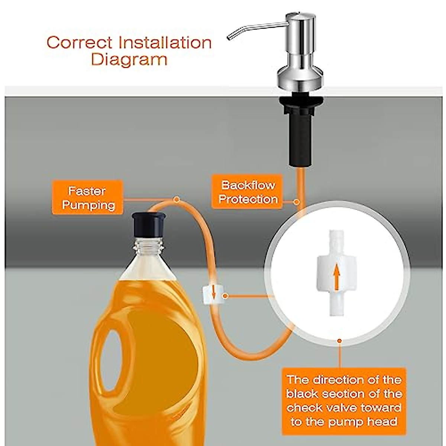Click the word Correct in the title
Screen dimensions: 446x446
pyautogui.click(x=79, y=42)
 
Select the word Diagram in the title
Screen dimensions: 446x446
pyautogui.click(x=129, y=59)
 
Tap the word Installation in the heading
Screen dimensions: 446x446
pyautogui.click(x=165, y=42)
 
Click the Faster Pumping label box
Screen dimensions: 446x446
pyautogui.click(x=88, y=198)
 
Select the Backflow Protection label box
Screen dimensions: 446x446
pyautogui.click(x=248, y=192)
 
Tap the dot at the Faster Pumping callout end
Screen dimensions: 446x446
pyautogui.click(x=177, y=200)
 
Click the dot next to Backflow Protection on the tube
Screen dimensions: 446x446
pyautogui.click(x=296, y=202)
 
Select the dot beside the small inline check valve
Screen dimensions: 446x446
pyautogui.click(x=225, y=296)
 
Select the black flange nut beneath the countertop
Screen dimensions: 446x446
pyautogui.click(x=299, y=102)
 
